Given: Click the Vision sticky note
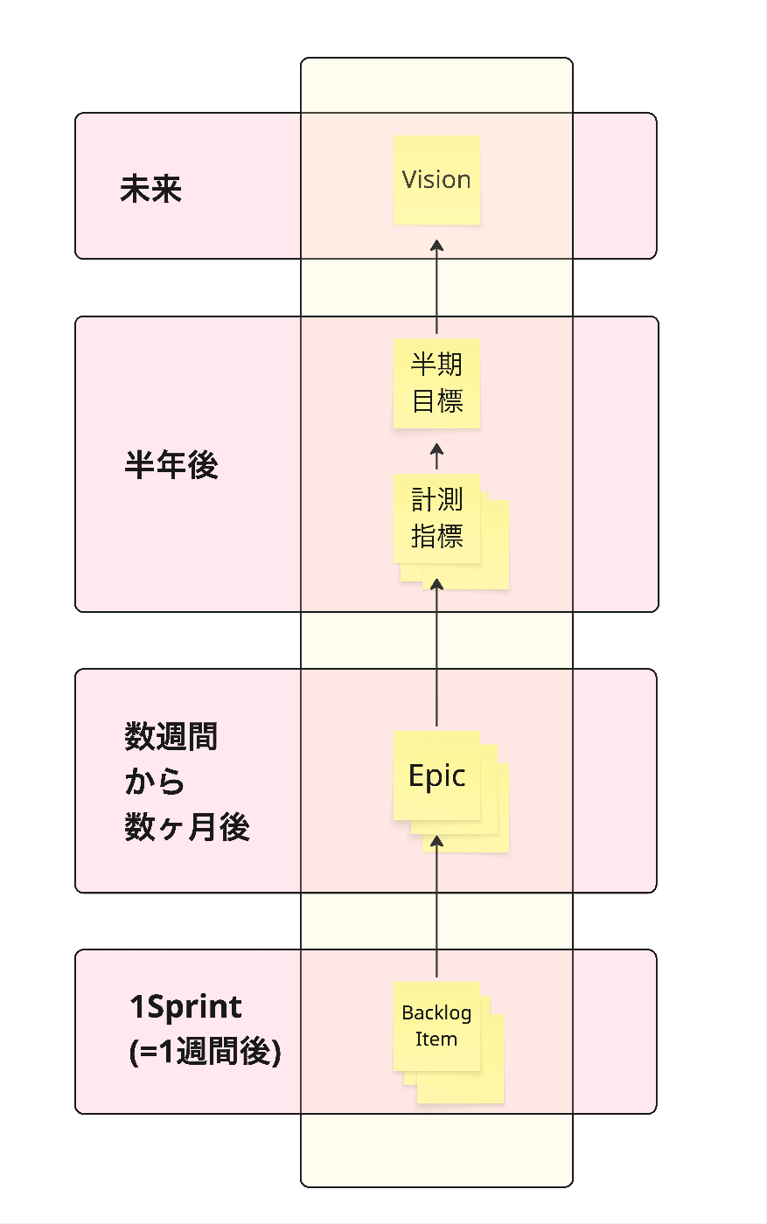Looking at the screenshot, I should (436, 180).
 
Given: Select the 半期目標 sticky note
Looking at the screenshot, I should (436, 383).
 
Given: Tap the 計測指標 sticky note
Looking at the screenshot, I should (436, 518).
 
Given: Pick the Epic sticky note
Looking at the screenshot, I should (436, 775).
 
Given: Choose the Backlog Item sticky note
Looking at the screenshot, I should (436, 1026).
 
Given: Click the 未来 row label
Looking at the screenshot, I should (150, 189).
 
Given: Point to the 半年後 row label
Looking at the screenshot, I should (171, 465).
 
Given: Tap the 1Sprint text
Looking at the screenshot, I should (185, 1007).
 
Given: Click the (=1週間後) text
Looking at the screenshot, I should (205, 1051).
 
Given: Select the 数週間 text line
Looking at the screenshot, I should (171, 737).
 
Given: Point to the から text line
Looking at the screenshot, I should (155, 782).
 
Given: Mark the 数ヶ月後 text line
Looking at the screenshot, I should (187, 827).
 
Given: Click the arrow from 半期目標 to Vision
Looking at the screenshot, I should (437, 289).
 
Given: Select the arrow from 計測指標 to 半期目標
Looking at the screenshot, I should (437, 458).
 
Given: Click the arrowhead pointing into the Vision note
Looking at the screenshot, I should (437, 245).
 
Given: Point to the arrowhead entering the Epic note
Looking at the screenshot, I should (437, 841).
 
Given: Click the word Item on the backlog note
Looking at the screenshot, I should (436, 1040).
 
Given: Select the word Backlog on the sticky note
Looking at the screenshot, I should (436, 1013).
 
